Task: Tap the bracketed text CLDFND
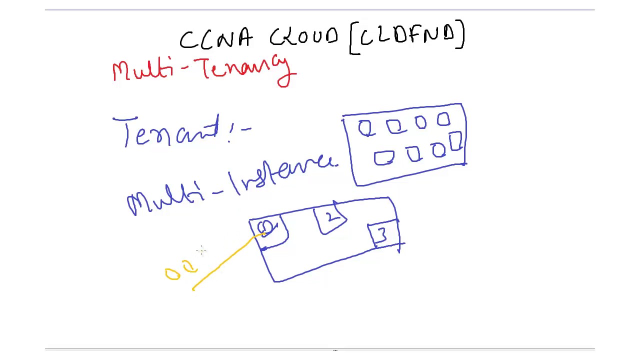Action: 407,35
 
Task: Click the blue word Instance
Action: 282,175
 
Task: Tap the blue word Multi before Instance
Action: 165,200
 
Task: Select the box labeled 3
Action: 383,234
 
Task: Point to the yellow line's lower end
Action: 193,289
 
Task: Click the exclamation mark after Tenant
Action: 231,133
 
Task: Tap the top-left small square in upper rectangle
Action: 365,129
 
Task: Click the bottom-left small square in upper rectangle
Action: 383,158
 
